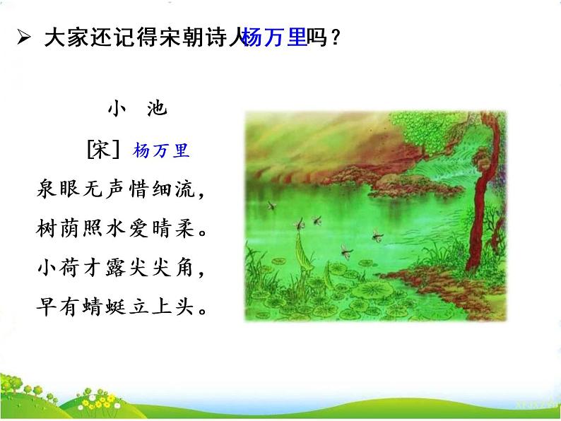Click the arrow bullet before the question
pyautogui.click(x=23, y=39)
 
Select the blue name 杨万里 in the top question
pyautogui.click(x=274, y=38)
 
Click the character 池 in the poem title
pyautogui.click(x=157, y=107)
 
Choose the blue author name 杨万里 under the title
pyautogui.click(x=161, y=150)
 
